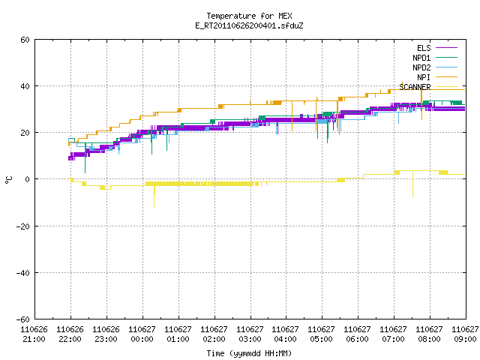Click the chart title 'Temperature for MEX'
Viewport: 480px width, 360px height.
pyautogui.click(x=249, y=16)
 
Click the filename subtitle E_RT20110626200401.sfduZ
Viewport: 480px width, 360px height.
pyautogui.click(x=249, y=25)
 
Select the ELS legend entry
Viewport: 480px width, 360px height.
pyautogui.click(x=436, y=48)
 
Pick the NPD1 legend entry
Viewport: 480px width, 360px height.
pyautogui.click(x=435, y=58)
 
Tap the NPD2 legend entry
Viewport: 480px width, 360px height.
pyautogui.click(x=435, y=67)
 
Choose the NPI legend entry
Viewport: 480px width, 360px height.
pyautogui.click(x=436, y=77)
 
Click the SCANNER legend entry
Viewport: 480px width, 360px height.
pyautogui.click(x=428, y=87)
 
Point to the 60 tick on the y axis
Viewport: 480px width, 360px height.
pyautogui.click(x=25, y=40)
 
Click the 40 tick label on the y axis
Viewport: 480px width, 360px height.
pyautogui.click(x=25, y=86)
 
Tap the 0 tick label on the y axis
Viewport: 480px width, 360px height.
pyautogui.click(x=28, y=179)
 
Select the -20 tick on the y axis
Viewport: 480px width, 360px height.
pyautogui.click(x=23, y=226)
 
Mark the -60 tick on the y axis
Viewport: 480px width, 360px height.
pyautogui.click(x=23, y=319)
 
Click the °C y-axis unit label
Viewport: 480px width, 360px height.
pyautogui.click(x=8, y=180)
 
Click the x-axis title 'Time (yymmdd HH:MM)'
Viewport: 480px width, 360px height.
pyautogui.click(x=249, y=353)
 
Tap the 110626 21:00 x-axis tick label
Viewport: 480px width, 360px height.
pyautogui.click(x=34, y=334)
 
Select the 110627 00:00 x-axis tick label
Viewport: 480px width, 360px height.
pyautogui.click(x=142, y=334)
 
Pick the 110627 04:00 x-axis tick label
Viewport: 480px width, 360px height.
pyautogui.click(x=285, y=334)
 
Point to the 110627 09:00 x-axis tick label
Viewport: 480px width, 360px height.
pyautogui.click(x=465, y=334)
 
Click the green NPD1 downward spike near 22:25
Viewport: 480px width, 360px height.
pyautogui.click(x=85, y=159)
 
